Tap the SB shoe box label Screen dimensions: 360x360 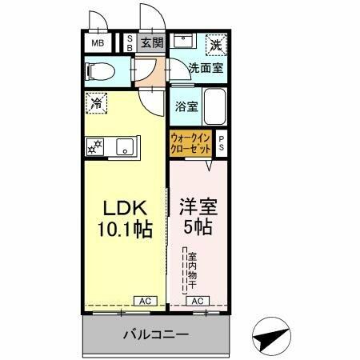pyautogui.click(x=131, y=43)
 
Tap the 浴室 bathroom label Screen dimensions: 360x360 pyautogui.click(x=185, y=106)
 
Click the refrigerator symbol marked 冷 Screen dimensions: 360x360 pyautogui.click(x=97, y=102)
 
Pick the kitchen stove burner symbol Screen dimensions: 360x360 pyautogui.click(x=95, y=146)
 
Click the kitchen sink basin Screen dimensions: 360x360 pyautogui.click(x=124, y=146)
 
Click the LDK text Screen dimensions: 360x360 pyautogui.click(x=123, y=206)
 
